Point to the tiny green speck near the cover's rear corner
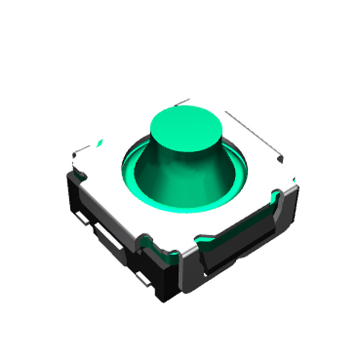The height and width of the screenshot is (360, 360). (x=100, y=143)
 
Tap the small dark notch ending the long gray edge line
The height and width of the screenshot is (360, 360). (x=281, y=158)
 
